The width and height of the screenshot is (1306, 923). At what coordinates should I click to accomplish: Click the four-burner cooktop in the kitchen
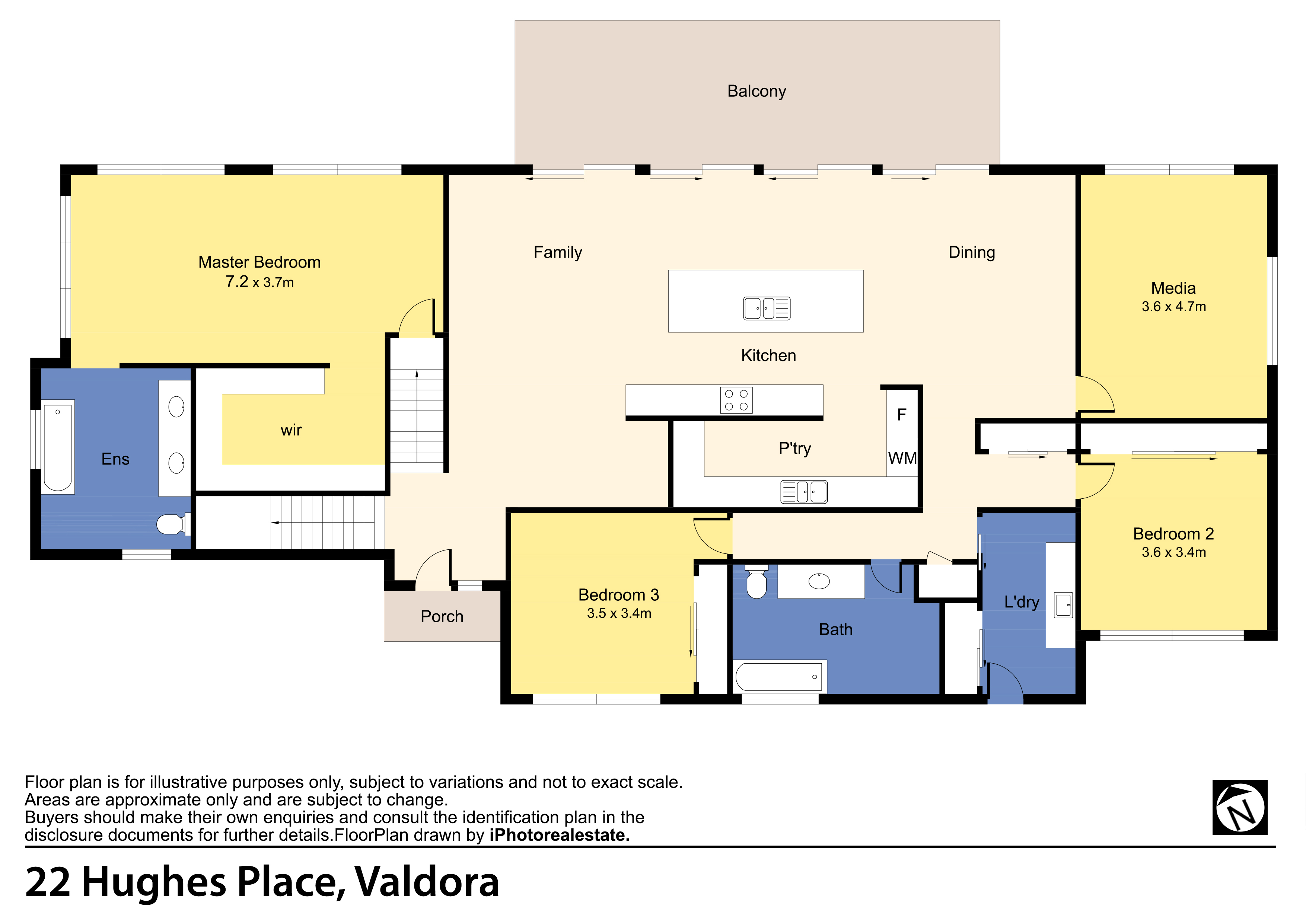pos(736,400)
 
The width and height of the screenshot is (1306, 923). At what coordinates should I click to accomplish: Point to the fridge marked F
pos(902,415)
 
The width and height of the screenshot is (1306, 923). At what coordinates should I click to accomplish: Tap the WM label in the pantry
pos(902,458)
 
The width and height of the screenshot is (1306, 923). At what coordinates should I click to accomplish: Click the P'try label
pos(794,449)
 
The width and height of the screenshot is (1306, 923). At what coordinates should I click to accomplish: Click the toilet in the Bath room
pos(756,582)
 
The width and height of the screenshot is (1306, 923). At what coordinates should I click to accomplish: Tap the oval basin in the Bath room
pos(819,581)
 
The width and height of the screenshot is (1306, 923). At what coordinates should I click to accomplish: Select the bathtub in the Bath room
pos(779,677)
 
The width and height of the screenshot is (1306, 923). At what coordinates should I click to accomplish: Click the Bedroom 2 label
pos(1173,534)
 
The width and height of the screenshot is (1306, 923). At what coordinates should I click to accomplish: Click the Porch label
pos(442,616)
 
